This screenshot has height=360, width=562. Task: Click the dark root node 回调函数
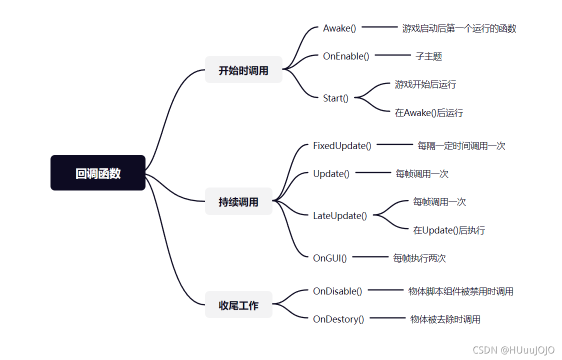(98, 173)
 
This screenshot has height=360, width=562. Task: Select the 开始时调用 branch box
(243, 70)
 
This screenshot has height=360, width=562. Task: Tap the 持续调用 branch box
(238, 201)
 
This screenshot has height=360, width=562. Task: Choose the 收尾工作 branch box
(238, 305)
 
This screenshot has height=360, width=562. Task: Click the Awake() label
(339, 28)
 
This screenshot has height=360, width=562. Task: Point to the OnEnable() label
(346, 56)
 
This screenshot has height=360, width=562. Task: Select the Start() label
(336, 98)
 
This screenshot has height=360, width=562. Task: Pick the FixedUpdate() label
(342, 145)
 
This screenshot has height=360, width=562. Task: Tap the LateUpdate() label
(340, 215)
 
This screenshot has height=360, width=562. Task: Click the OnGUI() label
(330, 258)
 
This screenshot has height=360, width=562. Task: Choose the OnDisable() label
(337, 291)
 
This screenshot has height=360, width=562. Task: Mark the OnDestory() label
(338, 319)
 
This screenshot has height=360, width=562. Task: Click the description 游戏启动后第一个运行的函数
(459, 28)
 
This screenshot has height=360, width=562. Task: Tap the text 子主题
(429, 56)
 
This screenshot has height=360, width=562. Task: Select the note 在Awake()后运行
(429, 112)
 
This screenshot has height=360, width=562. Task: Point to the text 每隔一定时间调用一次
(461, 146)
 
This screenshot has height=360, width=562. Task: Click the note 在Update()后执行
(449, 230)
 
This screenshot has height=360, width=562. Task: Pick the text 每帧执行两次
(419, 258)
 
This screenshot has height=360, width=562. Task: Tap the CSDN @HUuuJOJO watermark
(513, 350)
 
